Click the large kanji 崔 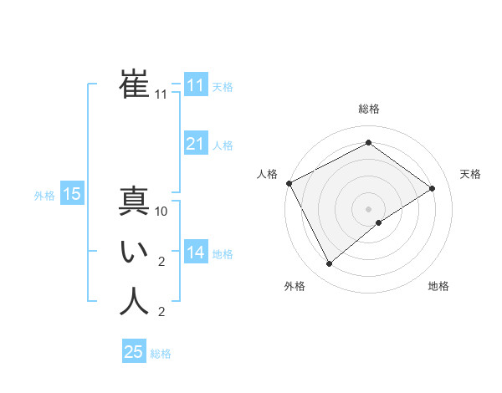[x=134, y=84]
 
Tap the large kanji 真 [x=134, y=202]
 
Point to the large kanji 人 [x=134, y=302]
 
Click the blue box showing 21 [x=195, y=144]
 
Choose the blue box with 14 [x=195, y=253]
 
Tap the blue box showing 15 [x=71, y=195]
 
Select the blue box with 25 [x=134, y=352]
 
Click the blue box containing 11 [x=195, y=85]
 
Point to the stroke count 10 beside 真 [x=161, y=212]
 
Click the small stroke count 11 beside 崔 [x=161, y=95]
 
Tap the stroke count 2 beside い [x=161, y=263]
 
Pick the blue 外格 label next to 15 [x=44, y=196]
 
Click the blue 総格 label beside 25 [x=161, y=354]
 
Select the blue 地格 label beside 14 [x=223, y=254]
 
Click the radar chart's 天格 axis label [x=470, y=174]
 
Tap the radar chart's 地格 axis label [x=438, y=286]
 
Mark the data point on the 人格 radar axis [x=289, y=183]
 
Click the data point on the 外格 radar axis [x=329, y=264]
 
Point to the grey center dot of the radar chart [x=368, y=208]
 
